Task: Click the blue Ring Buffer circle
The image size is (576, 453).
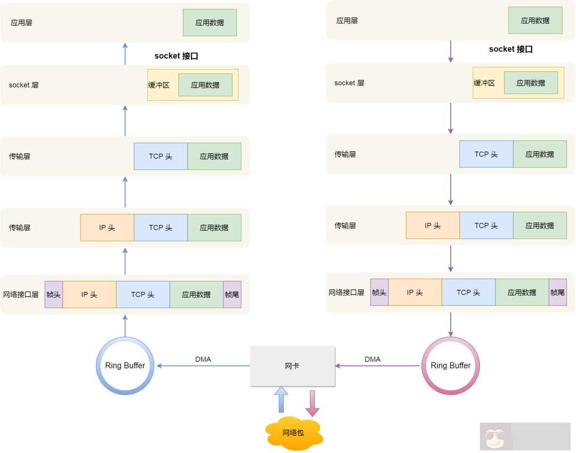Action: [125, 366]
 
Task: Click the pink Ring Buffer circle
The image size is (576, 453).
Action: [451, 366]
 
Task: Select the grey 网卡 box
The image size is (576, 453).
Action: [292, 366]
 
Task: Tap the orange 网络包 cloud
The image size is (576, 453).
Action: [293, 433]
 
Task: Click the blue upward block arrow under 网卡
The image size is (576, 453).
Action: [281, 399]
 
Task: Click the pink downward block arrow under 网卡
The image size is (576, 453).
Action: [312, 403]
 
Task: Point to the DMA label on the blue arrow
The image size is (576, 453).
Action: [203, 359]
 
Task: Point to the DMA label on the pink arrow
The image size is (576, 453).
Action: [372, 359]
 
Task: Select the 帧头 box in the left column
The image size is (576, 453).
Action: [53, 295]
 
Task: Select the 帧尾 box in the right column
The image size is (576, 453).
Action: [557, 293]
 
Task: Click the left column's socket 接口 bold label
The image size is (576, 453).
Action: [176, 56]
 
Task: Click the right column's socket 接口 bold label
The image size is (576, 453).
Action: [510, 49]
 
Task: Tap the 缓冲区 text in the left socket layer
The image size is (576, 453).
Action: [158, 85]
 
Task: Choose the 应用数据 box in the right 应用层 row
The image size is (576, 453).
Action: [535, 21]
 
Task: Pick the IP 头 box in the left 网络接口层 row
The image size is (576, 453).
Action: [89, 295]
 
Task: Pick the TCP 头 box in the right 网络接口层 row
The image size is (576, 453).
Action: [468, 293]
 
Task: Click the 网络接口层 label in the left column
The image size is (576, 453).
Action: [21, 295]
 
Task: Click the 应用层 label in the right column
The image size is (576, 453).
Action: [347, 21]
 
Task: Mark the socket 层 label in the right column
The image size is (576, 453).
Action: [349, 83]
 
